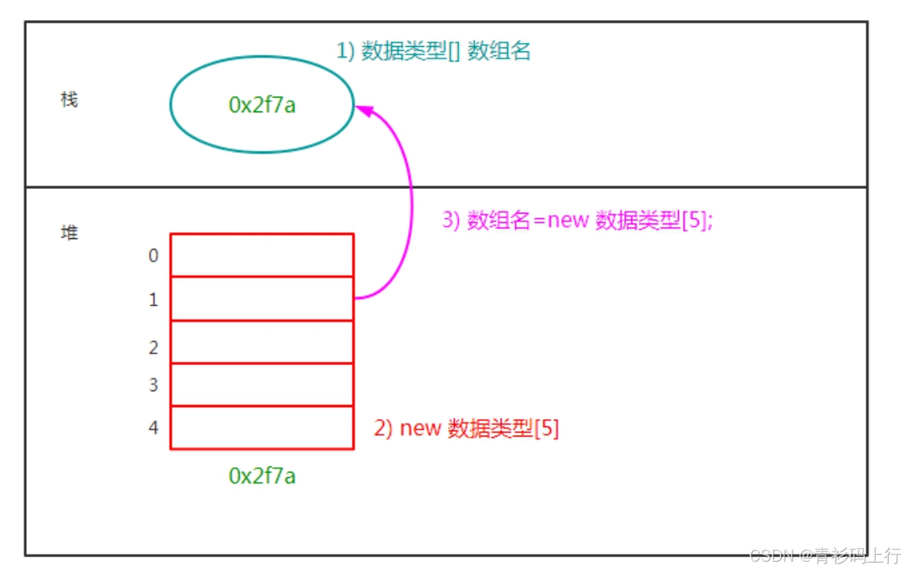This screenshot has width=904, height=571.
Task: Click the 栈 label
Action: click(69, 100)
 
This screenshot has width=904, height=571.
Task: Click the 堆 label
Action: click(69, 232)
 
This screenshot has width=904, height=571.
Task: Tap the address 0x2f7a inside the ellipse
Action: click(263, 105)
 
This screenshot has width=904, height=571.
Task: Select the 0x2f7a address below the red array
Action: click(263, 476)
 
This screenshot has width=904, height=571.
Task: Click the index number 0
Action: click(154, 255)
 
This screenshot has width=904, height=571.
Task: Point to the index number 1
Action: click(154, 300)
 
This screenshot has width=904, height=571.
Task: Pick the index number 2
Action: click(154, 348)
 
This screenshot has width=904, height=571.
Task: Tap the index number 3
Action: click(154, 385)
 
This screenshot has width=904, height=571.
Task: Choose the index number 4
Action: click(154, 427)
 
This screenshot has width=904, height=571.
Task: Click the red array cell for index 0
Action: click(263, 255)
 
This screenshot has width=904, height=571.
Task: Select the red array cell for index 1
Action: click(263, 299)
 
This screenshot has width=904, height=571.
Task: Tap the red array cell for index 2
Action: click(263, 342)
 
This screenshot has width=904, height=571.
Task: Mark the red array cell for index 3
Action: click(263, 385)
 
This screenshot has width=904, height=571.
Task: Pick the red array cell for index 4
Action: click(263, 427)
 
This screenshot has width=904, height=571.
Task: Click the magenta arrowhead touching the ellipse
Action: click(363, 110)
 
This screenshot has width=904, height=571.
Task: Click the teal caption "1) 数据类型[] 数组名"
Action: click(433, 51)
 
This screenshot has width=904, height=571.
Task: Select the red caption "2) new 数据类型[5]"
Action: click(466, 429)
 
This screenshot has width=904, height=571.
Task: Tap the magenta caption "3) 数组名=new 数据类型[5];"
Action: click(578, 221)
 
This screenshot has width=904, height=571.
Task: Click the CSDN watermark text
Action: click(826, 556)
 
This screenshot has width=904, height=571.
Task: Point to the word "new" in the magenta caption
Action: click(568, 221)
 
